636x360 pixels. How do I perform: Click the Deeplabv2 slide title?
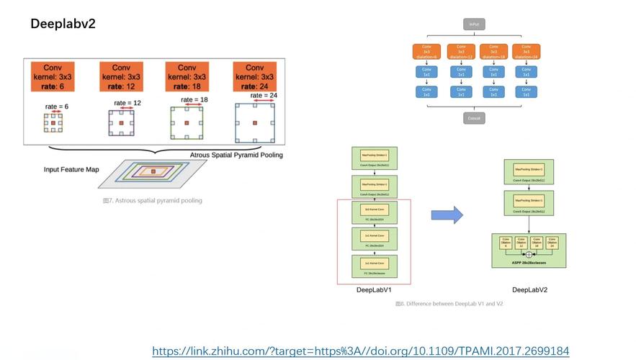point(63,24)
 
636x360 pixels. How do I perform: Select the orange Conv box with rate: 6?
point(52,77)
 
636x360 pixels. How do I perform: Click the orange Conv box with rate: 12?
point(121,77)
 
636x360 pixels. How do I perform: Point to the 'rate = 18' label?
point(194,99)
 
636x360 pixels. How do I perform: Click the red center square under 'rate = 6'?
point(53,124)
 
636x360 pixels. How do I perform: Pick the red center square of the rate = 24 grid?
point(255,124)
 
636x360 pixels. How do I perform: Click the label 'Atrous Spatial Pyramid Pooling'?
point(236,155)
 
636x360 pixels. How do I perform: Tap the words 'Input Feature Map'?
point(71,170)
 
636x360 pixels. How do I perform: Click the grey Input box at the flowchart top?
point(473,24)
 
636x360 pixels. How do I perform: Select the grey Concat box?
point(473,117)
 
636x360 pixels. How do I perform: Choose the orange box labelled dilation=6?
point(426,52)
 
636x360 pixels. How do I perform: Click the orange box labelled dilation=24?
point(527,52)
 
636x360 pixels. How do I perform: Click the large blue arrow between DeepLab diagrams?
point(447,215)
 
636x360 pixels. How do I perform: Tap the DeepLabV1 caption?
point(374,290)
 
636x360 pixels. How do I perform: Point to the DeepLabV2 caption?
point(529,290)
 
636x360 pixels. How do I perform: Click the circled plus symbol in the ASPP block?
point(529,254)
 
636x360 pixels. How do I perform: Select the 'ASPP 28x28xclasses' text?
point(529,264)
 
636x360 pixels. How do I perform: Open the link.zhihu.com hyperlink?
point(360,351)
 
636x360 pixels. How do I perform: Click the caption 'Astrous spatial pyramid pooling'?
point(153,200)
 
